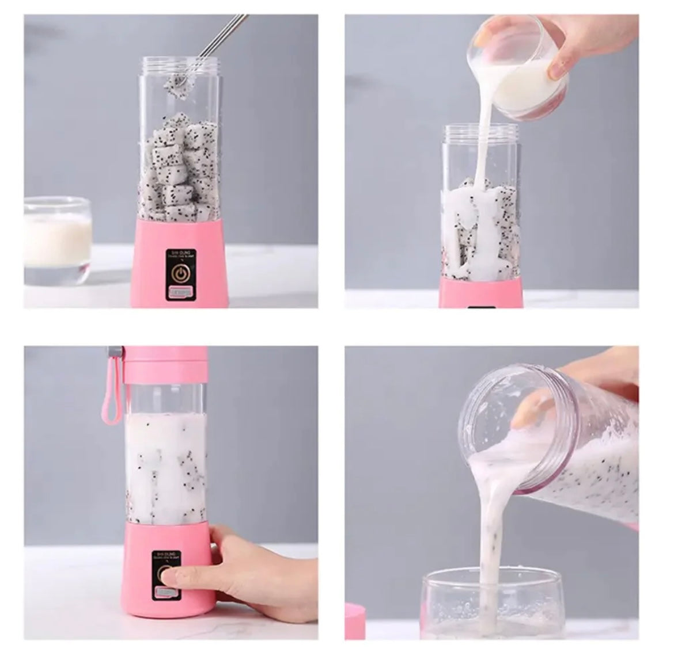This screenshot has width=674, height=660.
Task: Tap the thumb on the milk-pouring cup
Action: [x=558, y=70]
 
